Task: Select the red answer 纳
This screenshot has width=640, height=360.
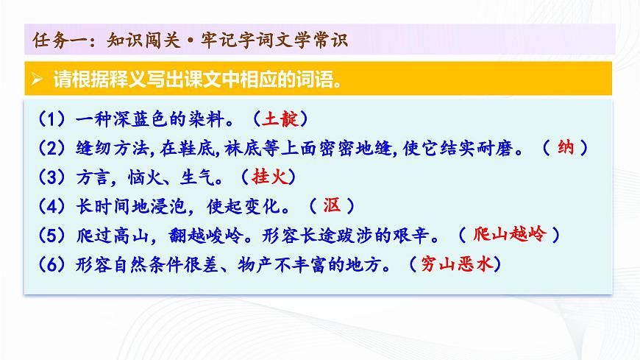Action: click(x=566, y=147)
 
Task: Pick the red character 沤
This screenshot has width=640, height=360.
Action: click(x=327, y=205)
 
